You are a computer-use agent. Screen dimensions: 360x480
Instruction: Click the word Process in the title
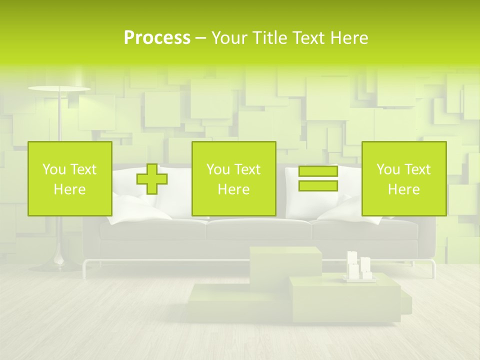click(157, 38)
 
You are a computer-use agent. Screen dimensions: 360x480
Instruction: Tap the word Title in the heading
click(268, 38)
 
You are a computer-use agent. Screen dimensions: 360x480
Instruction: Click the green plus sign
click(152, 179)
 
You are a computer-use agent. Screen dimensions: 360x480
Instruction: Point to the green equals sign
click(318, 178)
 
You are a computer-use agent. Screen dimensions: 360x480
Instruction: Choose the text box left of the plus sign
click(70, 178)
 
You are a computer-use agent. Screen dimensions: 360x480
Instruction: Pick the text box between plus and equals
click(233, 178)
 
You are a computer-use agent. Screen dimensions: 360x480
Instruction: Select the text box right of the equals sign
click(403, 178)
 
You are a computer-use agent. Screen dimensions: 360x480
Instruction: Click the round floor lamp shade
click(59, 89)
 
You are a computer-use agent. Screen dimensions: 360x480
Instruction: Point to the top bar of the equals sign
click(318, 171)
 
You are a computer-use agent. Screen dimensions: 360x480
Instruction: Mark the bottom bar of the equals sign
click(318, 186)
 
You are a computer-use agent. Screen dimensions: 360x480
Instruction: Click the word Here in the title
click(349, 38)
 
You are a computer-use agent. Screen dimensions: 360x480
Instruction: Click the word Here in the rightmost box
click(403, 189)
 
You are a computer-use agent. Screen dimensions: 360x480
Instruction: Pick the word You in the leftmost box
click(53, 169)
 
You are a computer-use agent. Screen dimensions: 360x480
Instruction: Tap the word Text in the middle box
click(247, 169)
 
